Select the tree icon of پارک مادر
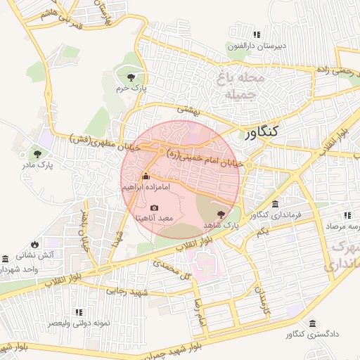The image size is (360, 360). coord(36,153)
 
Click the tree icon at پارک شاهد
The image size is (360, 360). coord(222,214)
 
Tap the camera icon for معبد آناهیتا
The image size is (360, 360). coord(155,207)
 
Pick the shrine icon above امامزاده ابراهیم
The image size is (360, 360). coord(146,176)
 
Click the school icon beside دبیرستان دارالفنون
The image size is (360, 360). coord(257,34)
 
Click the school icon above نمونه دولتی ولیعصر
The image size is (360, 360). coord(78,311)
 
